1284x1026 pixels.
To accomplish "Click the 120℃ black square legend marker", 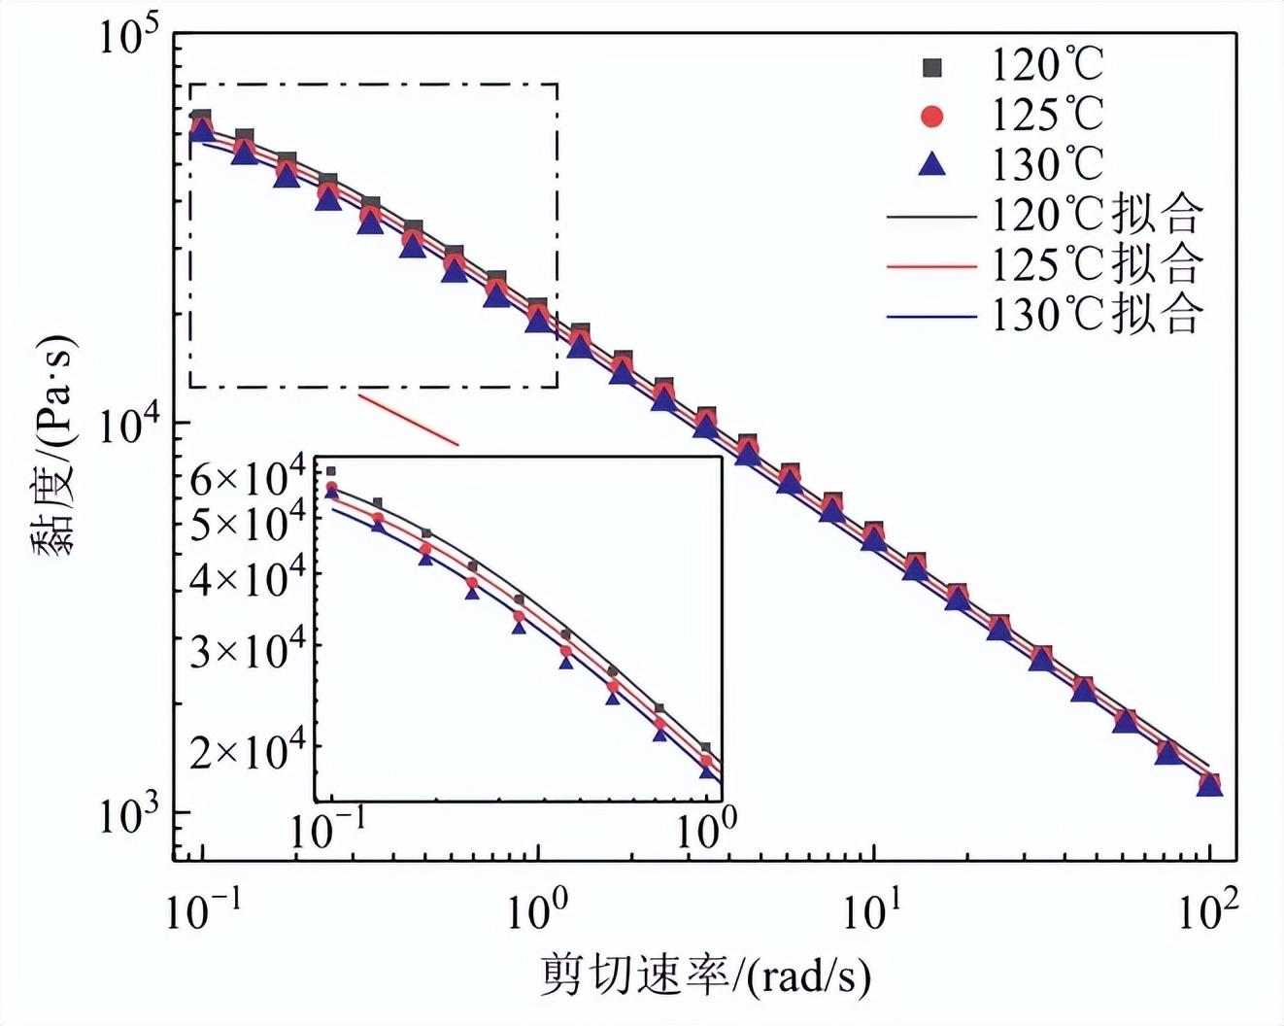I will (931, 67).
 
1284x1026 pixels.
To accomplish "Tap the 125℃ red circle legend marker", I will (931, 116).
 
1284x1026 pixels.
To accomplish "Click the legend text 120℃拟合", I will (1097, 214).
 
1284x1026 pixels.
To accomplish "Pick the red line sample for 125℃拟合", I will (930, 264).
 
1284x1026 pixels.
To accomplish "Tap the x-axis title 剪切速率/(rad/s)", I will (705, 975).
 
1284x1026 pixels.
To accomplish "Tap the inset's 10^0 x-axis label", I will (705, 827).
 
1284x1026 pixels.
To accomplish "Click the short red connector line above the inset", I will (408, 419).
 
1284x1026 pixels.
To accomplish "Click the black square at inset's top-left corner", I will (331, 471).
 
